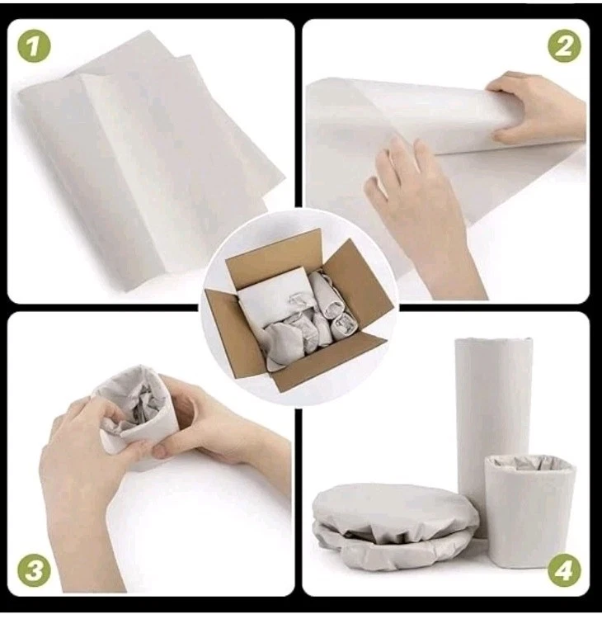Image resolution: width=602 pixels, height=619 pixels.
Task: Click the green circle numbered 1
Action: click(x=34, y=46)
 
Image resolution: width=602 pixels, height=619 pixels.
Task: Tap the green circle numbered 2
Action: click(x=563, y=46)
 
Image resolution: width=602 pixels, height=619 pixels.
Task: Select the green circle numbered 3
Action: click(x=34, y=569)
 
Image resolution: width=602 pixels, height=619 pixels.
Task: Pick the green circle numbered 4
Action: click(x=563, y=569)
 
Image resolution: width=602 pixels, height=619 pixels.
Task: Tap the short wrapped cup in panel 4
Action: click(x=529, y=503)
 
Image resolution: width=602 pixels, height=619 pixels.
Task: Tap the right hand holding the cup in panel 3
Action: click(x=206, y=421)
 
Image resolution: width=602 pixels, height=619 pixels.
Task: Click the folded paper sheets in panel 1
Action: click(x=148, y=157)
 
